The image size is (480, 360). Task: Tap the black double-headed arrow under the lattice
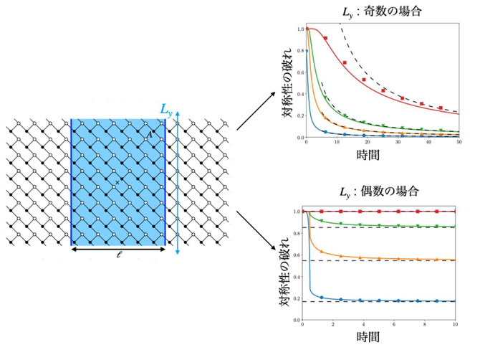click(x=118, y=250)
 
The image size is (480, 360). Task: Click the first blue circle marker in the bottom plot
click(x=321, y=297)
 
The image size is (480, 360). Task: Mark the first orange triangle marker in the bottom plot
click(x=321, y=253)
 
